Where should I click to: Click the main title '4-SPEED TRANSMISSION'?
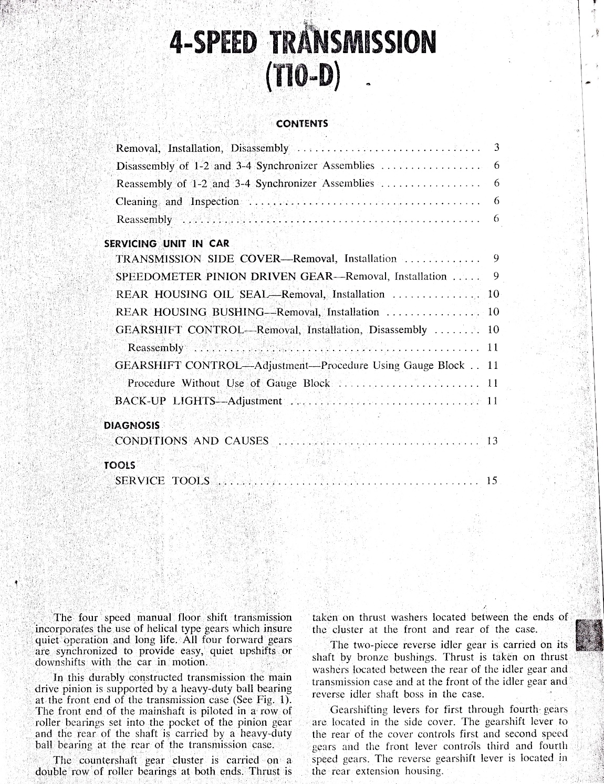(x=300, y=42)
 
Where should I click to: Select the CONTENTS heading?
(x=301, y=124)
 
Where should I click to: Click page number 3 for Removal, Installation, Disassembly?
(x=496, y=148)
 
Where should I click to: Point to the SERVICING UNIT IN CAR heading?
(x=167, y=244)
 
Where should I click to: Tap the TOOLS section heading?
(x=120, y=465)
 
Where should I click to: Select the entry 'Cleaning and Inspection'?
(x=177, y=202)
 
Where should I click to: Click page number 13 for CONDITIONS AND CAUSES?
(x=492, y=441)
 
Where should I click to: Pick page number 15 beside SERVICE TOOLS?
(x=492, y=480)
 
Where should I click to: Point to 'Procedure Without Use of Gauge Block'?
(x=229, y=383)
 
